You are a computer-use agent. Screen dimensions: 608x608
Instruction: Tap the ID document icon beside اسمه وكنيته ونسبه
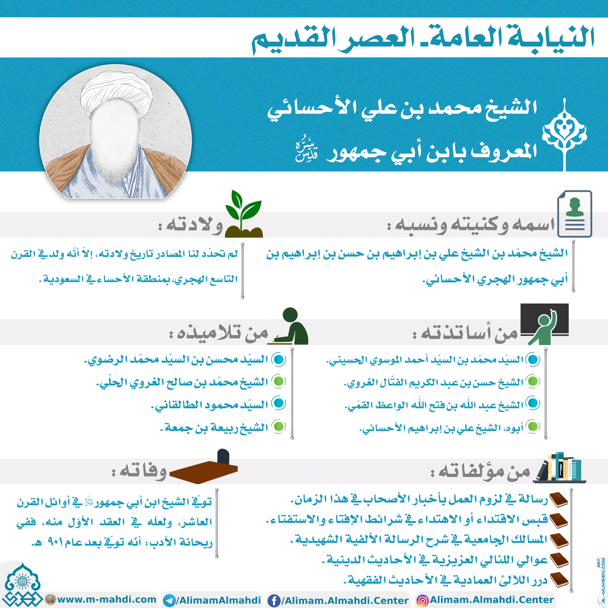pos(574,214)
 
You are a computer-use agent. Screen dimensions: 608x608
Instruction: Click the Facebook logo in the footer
pos(274,600)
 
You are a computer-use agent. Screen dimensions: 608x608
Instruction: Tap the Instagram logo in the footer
pos(422,600)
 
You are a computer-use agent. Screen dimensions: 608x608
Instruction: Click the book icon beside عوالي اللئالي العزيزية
pos(558,560)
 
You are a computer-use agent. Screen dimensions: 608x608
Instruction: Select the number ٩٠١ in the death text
pos(55,542)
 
